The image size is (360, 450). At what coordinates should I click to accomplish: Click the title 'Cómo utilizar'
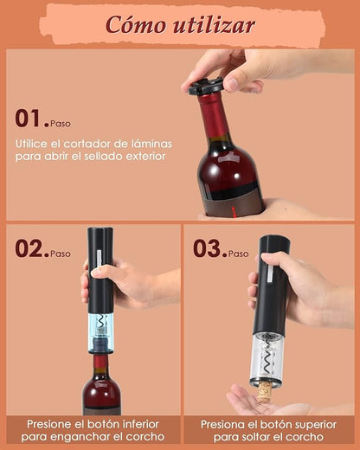(180, 24)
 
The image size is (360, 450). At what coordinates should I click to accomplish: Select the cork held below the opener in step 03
(266, 390)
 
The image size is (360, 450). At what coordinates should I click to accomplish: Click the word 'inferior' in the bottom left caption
(138, 425)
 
